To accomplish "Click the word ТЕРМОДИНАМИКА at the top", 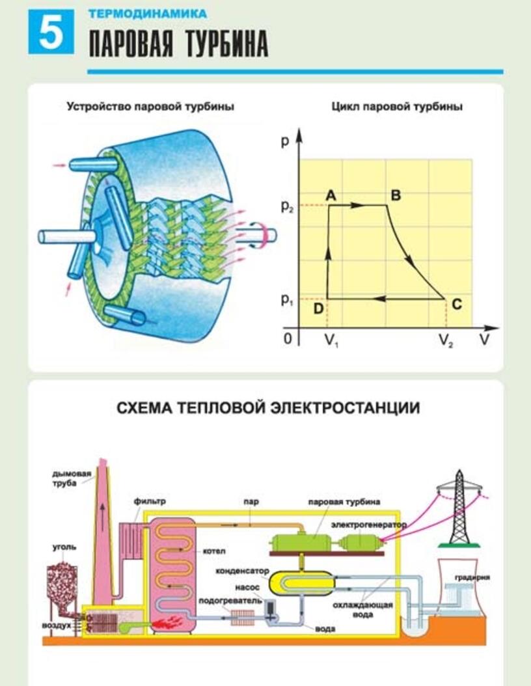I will coord(148,12).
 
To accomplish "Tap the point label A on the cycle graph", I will coord(331,195).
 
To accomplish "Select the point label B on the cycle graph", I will coord(395,195).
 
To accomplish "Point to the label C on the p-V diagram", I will coord(457,304).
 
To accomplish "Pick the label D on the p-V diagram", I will coord(318,309).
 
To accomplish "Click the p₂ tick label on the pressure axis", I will coord(287,207).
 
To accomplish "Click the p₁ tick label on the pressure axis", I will coord(287,300).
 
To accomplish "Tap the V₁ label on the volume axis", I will coord(330,340).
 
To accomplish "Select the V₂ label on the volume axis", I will coord(446,340).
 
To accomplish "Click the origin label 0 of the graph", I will coord(287,339).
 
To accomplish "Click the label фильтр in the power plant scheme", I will coord(150,501).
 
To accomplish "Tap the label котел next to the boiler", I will coord(213,551).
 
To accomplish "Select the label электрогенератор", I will coord(368,525).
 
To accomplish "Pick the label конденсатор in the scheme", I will coord(242,571).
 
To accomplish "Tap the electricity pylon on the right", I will coord(459,508).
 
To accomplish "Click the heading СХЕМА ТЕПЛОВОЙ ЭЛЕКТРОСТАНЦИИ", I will coord(267,408).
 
